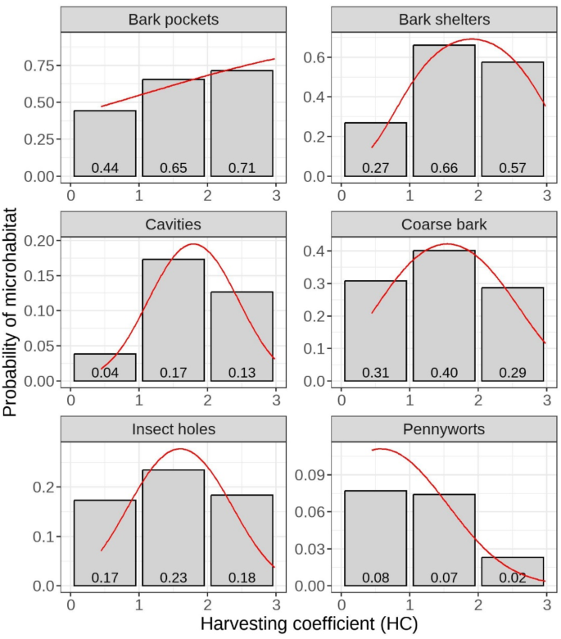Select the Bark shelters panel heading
click(x=444, y=19)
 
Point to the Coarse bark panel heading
click(x=444, y=224)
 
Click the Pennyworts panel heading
click(x=444, y=428)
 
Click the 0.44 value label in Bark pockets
click(x=105, y=168)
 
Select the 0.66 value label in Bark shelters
click(x=444, y=168)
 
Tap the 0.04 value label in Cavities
click(x=105, y=373)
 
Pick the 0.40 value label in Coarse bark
click(x=444, y=373)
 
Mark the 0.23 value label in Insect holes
click(x=174, y=578)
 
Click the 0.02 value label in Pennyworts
click(x=513, y=578)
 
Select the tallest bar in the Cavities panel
click(x=174, y=319)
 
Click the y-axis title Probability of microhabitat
click(x=11, y=318)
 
